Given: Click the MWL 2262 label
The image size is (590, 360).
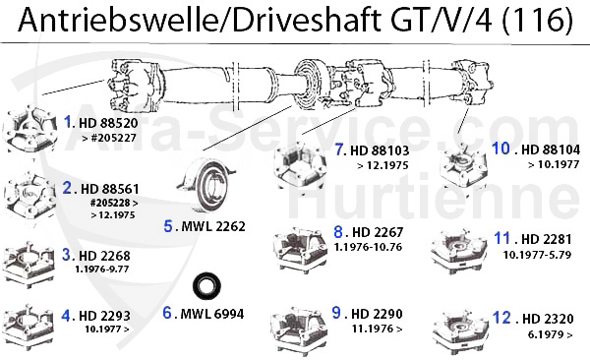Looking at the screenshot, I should tap(211, 225).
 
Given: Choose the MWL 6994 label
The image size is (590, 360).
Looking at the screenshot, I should tap(209, 315).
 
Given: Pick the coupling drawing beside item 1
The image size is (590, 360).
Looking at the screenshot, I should tap(30, 129).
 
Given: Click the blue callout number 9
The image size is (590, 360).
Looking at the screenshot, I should tap(336, 312).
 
